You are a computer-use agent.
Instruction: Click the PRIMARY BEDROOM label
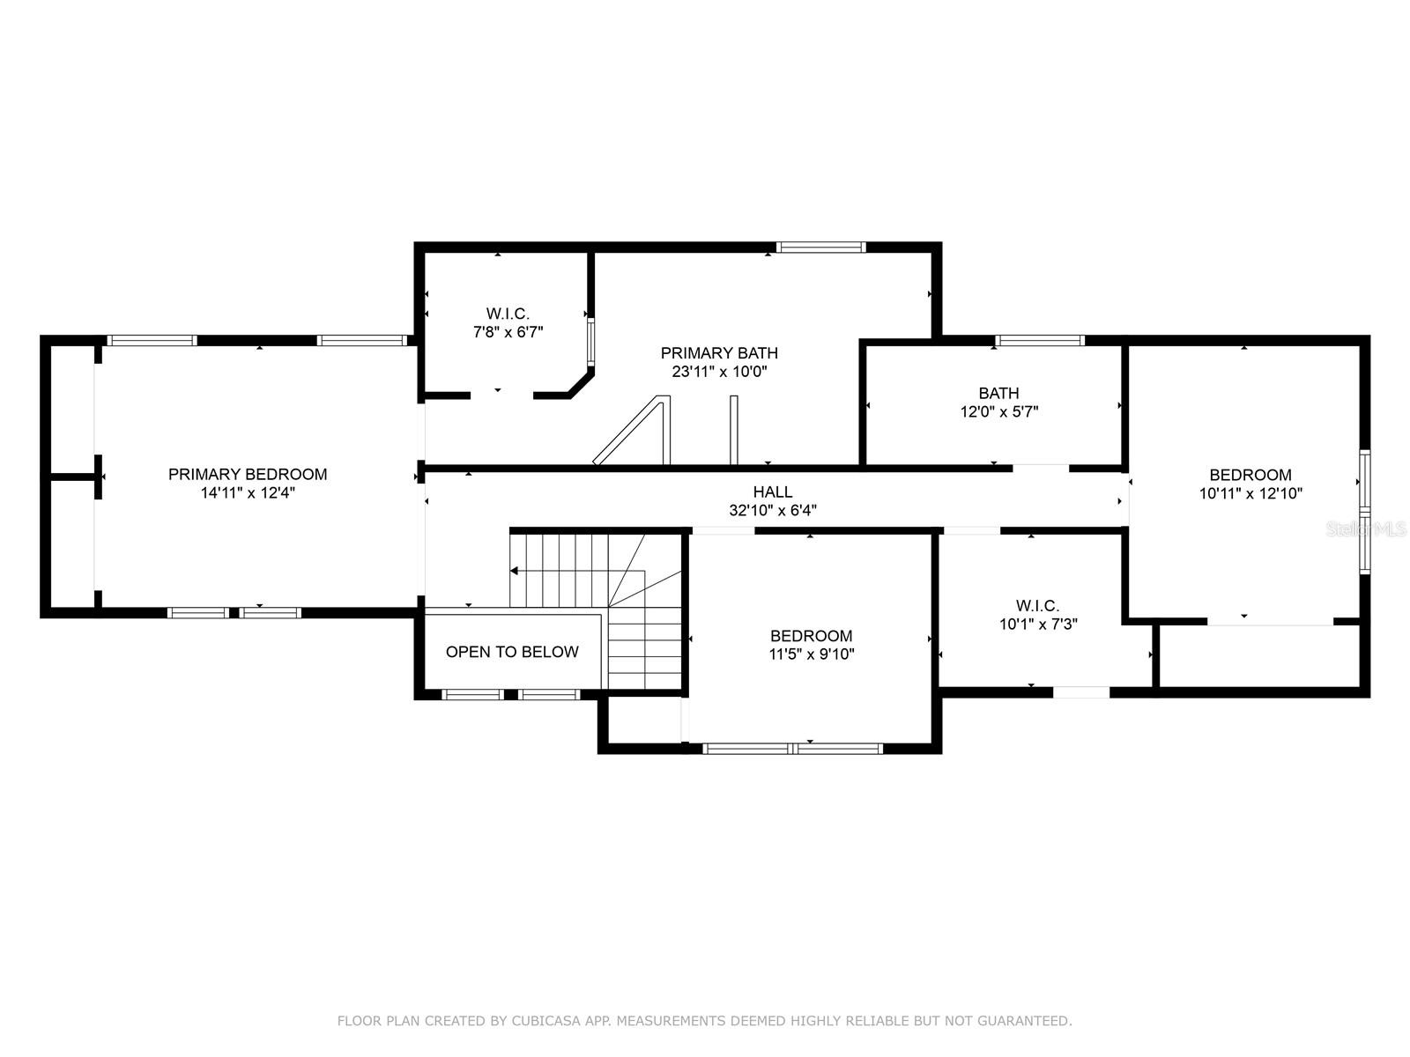click(x=248, y=474)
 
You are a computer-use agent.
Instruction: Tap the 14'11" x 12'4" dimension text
click(x=248, y=493)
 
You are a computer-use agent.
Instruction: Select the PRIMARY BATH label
click(x=719, y=353)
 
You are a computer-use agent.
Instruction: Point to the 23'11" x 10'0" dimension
click(x=719, y=372)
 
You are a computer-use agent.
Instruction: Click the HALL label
click(x=773, y=492)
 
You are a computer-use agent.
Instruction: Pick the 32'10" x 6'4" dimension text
click(x=773, y=510)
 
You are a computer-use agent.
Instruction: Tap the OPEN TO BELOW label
click(x=512, y=652)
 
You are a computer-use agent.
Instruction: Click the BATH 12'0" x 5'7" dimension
click(x=999, y=411)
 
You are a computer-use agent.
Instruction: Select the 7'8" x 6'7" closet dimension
click(x=508, y=332)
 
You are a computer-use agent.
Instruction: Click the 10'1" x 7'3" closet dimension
click(x=1038, y=624)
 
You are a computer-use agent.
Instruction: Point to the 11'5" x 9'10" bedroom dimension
click(x=812, y=654)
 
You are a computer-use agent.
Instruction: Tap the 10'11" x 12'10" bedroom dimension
click(x=1250, y=493)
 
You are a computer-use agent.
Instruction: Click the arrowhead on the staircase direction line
click(x=515, y=571)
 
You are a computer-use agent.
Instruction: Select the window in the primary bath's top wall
click(x=821, y=248)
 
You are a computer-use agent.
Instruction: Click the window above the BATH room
click(x=1040, y=340)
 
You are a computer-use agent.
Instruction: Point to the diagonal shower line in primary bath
click(x=626, y=429)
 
